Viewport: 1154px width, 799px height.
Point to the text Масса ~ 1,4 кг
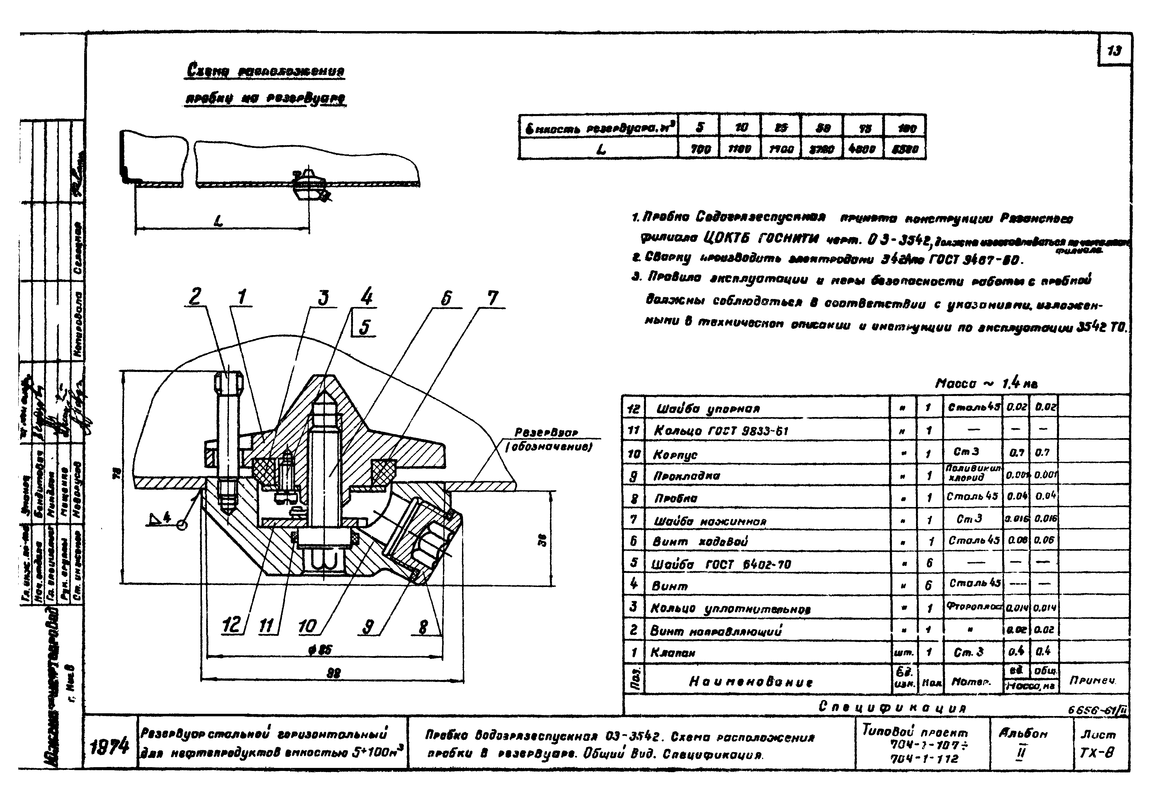(x=986, y=383)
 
